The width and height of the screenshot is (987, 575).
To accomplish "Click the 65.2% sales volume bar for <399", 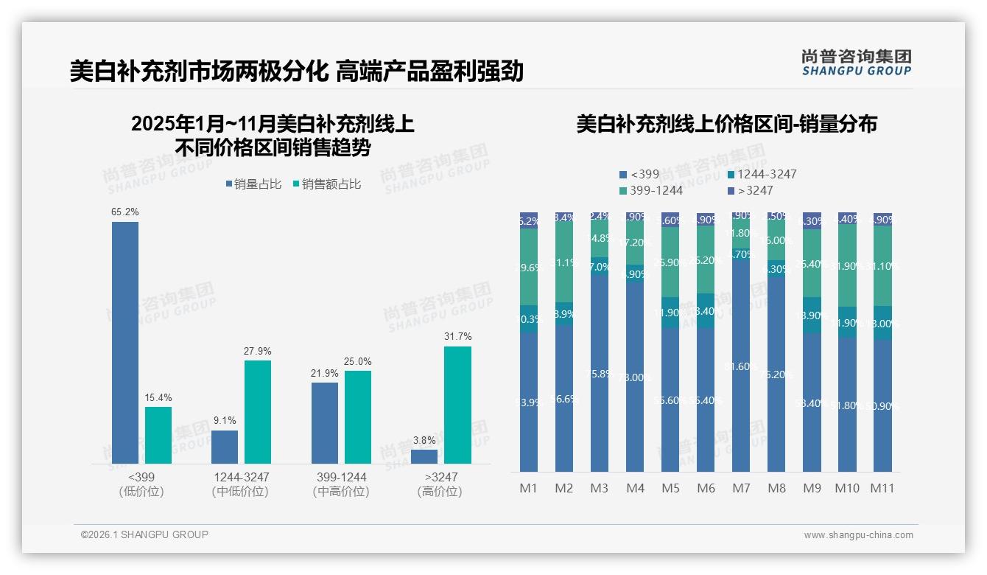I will point(125,343).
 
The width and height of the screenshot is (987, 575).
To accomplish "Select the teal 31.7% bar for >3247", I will point(457,405).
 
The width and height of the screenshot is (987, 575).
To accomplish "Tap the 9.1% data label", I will point(225,421).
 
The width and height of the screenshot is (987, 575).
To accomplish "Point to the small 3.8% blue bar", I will point(424,456).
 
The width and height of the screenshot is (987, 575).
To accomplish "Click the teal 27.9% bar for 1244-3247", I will point(258,412).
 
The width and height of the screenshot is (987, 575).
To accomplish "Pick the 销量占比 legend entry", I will point(253,184).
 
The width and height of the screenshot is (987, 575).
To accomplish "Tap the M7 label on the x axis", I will point(741,488).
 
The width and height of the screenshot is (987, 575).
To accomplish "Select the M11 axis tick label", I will point(882,488).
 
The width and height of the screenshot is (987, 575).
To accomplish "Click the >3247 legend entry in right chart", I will point(750,191).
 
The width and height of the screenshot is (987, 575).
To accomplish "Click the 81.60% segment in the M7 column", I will point(741,366).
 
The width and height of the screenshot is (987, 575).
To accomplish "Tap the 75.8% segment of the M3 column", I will point(600,374).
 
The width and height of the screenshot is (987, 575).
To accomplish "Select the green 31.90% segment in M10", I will point(847,265).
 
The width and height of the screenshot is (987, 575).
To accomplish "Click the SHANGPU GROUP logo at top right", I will point(856,63).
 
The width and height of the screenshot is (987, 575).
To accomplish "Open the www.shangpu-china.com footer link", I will point(858,535).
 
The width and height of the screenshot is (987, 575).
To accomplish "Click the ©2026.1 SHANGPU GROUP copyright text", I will point(144,534).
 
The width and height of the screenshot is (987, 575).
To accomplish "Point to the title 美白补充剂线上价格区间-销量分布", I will point(726,125).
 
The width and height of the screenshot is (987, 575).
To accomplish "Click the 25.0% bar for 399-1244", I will point(358,417).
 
